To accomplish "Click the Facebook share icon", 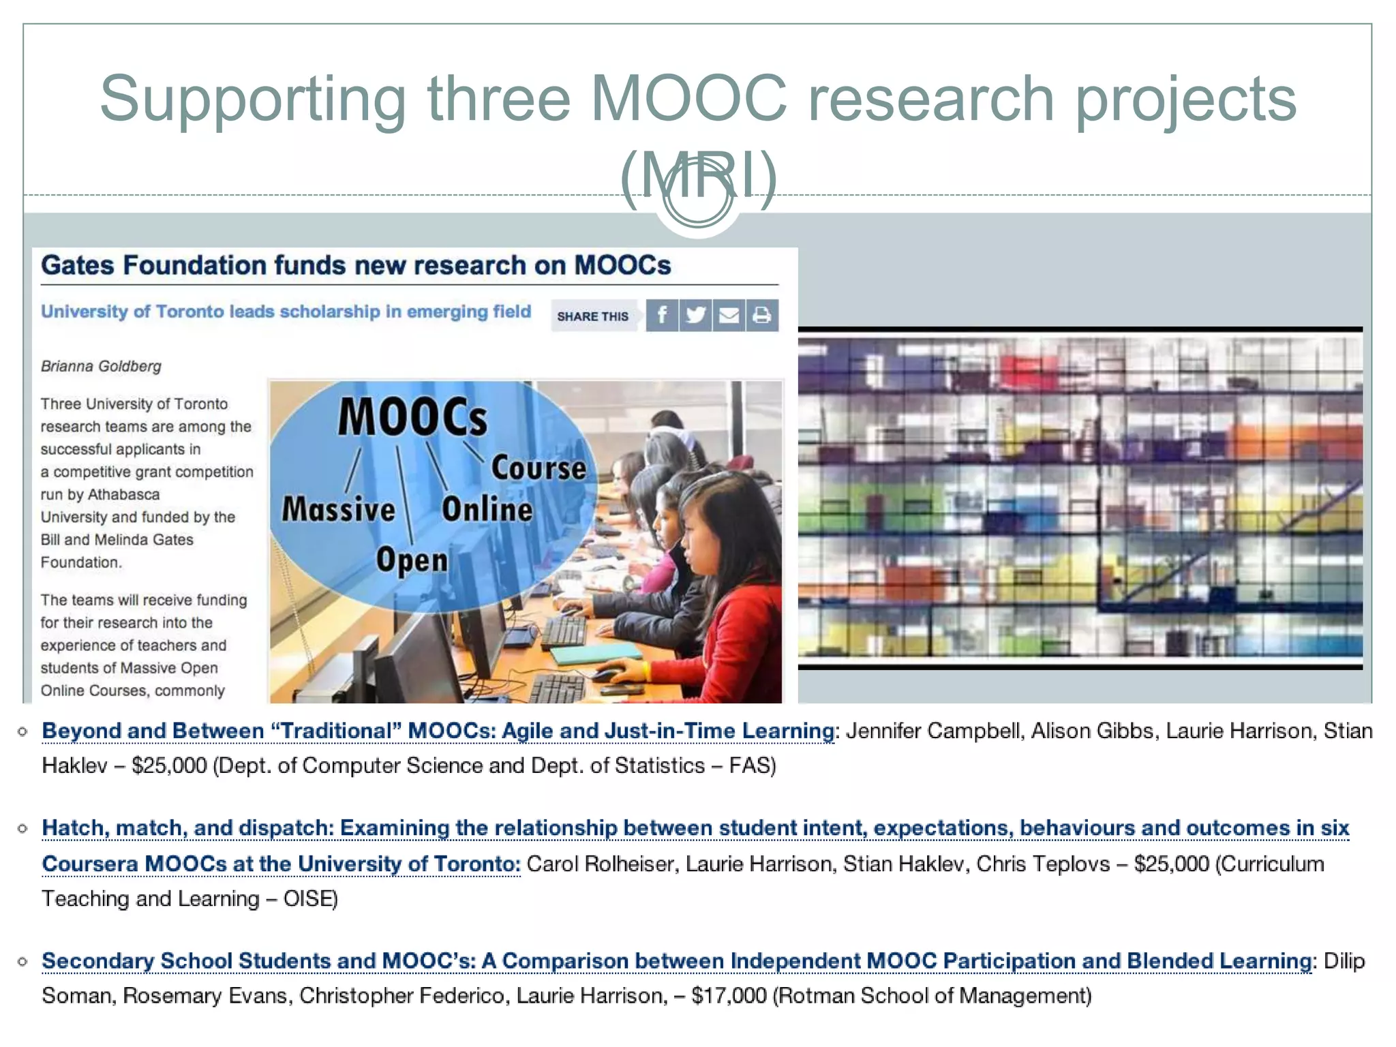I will (x=661, y=316).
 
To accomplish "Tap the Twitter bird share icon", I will (x=695, y=316).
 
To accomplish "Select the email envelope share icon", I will (x=729, y=316).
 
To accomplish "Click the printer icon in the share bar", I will (x=762, y=316).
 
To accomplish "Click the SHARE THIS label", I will (x=592, y=316).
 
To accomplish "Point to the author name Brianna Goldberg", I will (x=101, y=366).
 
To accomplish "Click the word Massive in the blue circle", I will (x=339, y=510).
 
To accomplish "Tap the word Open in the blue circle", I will (x=412, y=560).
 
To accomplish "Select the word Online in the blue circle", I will (x=487, y=510).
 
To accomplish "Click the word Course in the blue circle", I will (x=538, y=468).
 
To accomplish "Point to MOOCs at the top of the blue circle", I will (x=413, y=416).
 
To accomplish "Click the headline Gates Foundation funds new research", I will (x=356, y=265).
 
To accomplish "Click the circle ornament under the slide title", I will (x=697, y=200).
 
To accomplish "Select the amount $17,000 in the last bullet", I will (x=729, y=996).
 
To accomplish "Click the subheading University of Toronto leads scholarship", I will (x=286, y=312).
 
